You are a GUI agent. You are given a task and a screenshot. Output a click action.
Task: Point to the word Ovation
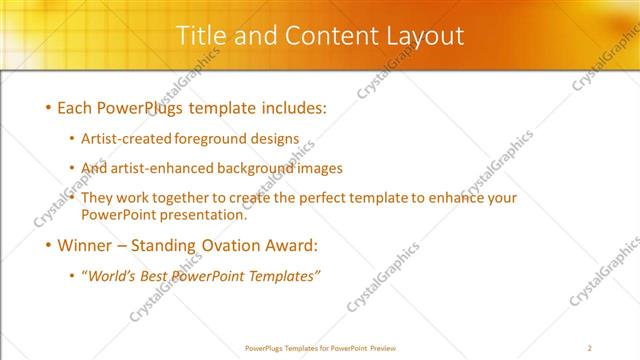[229, 245]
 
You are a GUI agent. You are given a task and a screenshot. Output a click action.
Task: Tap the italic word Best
[162, 276]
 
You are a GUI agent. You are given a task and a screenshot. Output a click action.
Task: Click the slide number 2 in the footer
[590, 348]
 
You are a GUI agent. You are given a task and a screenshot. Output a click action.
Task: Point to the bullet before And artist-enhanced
[72, 169]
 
